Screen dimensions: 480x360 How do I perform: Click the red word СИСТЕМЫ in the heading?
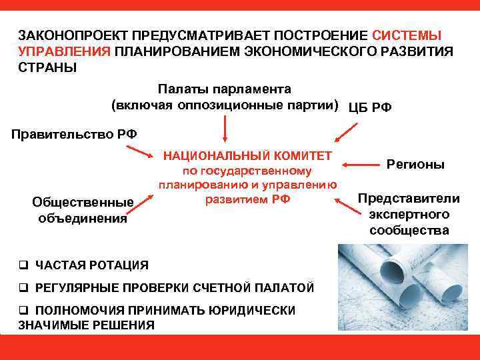407,34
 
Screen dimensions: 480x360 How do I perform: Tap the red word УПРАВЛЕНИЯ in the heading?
64,51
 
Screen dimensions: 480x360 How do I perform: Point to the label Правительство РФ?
75,133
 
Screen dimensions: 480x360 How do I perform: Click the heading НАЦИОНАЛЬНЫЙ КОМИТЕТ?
248,155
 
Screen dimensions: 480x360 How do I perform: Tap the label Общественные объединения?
83,209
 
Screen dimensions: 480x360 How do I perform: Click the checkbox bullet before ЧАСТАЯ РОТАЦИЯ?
23,265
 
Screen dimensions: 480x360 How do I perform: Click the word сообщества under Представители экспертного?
409,230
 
